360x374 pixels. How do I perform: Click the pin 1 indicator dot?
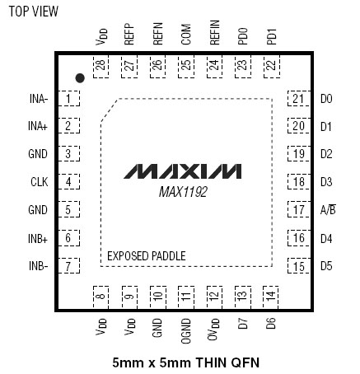tap(80, 78)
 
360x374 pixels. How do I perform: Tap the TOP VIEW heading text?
tap(34, 12)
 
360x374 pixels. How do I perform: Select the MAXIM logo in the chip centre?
tap(183, 171)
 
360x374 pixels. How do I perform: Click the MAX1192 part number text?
tap(183, 192)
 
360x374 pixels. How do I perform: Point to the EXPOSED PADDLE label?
tap(147, 256)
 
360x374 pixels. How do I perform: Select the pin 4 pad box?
tap(68, 181)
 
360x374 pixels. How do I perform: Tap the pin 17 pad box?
tap(299, 209)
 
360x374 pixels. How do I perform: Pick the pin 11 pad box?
tap(186, 297)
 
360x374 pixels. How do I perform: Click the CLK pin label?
tap(40, 182)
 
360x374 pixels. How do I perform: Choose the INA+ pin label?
tap(38, 126)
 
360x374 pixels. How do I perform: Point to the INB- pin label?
tap(39, 266)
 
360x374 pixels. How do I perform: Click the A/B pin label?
tap(328, 209)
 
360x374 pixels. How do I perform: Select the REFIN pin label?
tap(214, 32)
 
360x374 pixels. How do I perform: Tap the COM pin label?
tap(186, 35)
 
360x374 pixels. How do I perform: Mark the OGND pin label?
tap(186, 331)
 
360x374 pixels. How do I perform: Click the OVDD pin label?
tap(213, 330)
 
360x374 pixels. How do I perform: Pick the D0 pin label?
tap(326, 99)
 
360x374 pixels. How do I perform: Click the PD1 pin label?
tap(271, 36)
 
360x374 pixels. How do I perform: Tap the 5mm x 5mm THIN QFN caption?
tap(186, 362)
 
